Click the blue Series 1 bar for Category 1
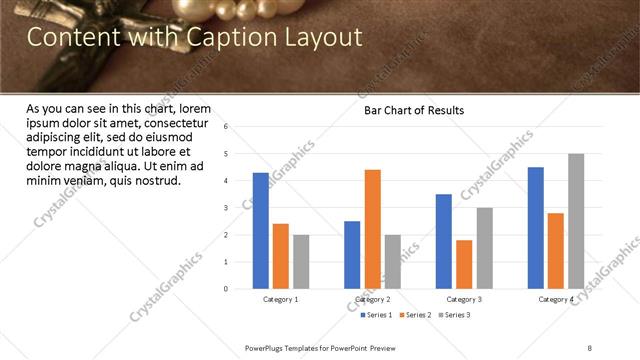(261, 231)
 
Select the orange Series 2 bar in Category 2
(372, 229)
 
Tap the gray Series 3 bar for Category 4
(576, 221)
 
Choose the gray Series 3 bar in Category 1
(301, 262)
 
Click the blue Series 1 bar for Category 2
(352, 255)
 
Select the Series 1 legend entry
(378, 315)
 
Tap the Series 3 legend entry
(456, 315)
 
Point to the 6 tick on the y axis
(227, 127)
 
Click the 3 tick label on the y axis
(227, 208)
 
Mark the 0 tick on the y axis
(227, 289)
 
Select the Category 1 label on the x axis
(281, 300)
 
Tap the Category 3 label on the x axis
(464, 300)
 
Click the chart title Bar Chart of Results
(413, 110)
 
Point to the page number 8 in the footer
(590, 347)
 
